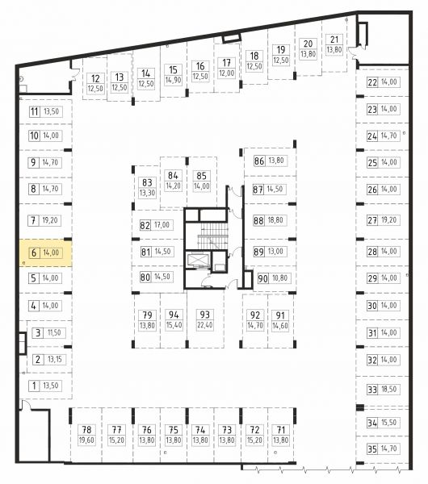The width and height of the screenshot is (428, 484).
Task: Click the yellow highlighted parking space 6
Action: pos(46,252)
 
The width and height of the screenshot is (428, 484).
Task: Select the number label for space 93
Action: pos(205,315)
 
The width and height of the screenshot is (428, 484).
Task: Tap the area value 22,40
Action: pos(205,325)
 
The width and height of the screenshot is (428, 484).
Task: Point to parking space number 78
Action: pos(86,429)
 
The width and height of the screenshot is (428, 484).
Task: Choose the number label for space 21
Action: pos(334,40)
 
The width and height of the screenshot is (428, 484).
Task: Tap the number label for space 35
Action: pos(372,449)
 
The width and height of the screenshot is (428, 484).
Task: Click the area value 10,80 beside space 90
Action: pos(280,278)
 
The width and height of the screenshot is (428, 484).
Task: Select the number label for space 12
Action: pos(95,79)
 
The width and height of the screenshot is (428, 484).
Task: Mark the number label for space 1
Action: pos(34,386)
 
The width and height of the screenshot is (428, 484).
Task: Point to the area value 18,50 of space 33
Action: pos(389,389)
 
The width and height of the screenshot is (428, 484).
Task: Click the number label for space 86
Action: pos(259,161)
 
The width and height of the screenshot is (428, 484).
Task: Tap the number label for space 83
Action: pos(147,182)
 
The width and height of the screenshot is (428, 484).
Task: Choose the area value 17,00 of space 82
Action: pos(162,225)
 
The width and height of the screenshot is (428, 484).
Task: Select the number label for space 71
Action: pos(280,429)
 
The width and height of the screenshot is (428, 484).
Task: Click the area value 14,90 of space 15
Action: pos(173,80)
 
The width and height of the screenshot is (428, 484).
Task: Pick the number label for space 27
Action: pos(372,220)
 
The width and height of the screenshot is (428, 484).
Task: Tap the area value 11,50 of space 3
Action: pos(54,332)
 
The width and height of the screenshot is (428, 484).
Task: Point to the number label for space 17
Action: pos(226,63)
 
